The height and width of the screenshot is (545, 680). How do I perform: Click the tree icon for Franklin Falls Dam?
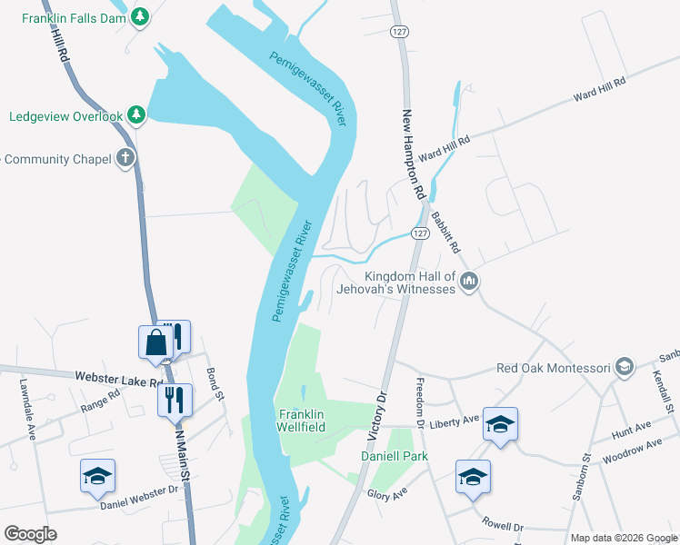[x=139, y=16]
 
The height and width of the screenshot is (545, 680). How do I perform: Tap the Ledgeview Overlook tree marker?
[x=135, y=115]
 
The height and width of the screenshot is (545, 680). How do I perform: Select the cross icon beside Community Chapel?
[x=125, y=158]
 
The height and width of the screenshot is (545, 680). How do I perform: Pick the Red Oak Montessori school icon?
[x=624, y=368]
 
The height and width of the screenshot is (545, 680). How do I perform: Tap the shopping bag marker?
[x=155, y=342]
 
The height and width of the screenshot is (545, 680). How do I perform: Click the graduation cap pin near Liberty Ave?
[x=499, y=423]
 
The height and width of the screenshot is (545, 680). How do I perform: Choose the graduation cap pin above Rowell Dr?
[x=473, y=476]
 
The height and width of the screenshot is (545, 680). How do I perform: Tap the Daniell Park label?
[x=394, y=455]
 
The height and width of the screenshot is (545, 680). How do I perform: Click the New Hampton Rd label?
[x=414, y=155]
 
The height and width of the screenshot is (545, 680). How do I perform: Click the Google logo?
[x=30, y=533]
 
